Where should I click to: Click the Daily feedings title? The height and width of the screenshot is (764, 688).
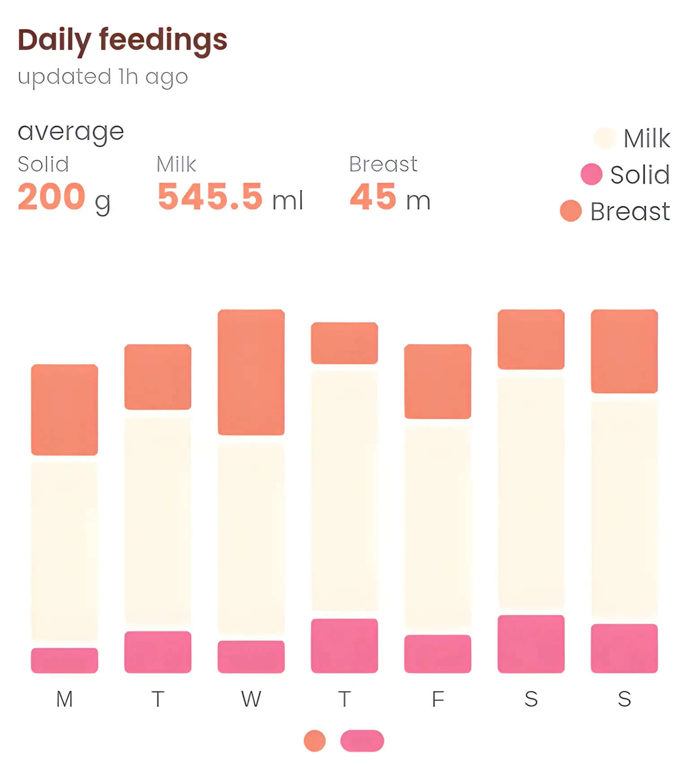click(122, 40)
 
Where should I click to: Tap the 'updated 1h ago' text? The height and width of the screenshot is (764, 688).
click(103, 77)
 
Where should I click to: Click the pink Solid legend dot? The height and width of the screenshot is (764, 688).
click(591, 174)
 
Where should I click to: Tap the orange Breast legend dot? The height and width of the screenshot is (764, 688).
click(571, 211)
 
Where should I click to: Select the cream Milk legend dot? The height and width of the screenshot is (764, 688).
click(604, 137)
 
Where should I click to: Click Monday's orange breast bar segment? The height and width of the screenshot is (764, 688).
click(64, 410)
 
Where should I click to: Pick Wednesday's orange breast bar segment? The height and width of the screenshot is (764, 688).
click(251, 372)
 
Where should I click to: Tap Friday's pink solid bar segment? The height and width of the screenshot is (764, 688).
click(438, 653)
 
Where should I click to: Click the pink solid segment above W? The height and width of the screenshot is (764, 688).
click(251, 657)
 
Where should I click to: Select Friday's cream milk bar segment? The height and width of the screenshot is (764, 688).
click(438, 526)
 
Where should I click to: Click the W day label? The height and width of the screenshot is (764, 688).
click(251, 699)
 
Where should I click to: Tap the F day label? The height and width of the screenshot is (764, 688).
click(438, 699)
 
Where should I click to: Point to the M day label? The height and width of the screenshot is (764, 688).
click(64, 699)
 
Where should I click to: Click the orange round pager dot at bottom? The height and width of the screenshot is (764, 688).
click(314, 741)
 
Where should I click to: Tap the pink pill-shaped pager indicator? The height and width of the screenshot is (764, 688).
click(362, 741)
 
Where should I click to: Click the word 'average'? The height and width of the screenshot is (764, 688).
click(71, 132)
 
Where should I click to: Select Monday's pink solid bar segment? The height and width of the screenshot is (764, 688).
click(64, 660)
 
